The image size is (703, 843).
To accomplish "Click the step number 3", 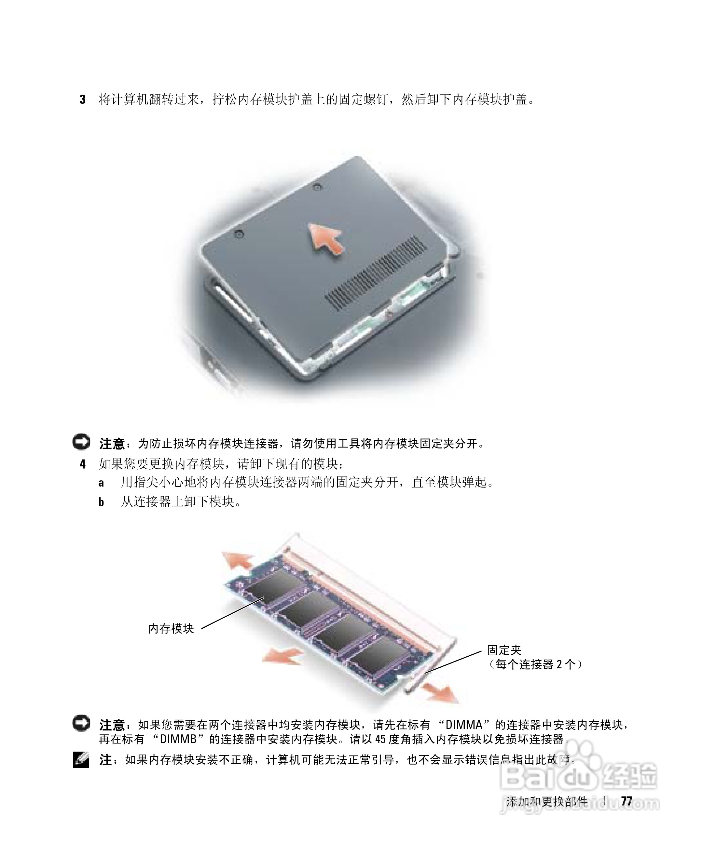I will [x=82, y=100].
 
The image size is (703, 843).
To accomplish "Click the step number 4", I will [x=83, y=464].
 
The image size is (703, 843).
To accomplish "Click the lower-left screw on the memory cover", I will [x=240, y=233].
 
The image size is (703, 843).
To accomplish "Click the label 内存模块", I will [x=171, y=628].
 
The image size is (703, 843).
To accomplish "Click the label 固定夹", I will [x=504, y=650].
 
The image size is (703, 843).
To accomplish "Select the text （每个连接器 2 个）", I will [x=535, y=664].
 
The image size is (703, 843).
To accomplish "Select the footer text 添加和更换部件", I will [x=546, y=801].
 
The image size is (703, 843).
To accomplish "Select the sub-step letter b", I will [x=101, y=502].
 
